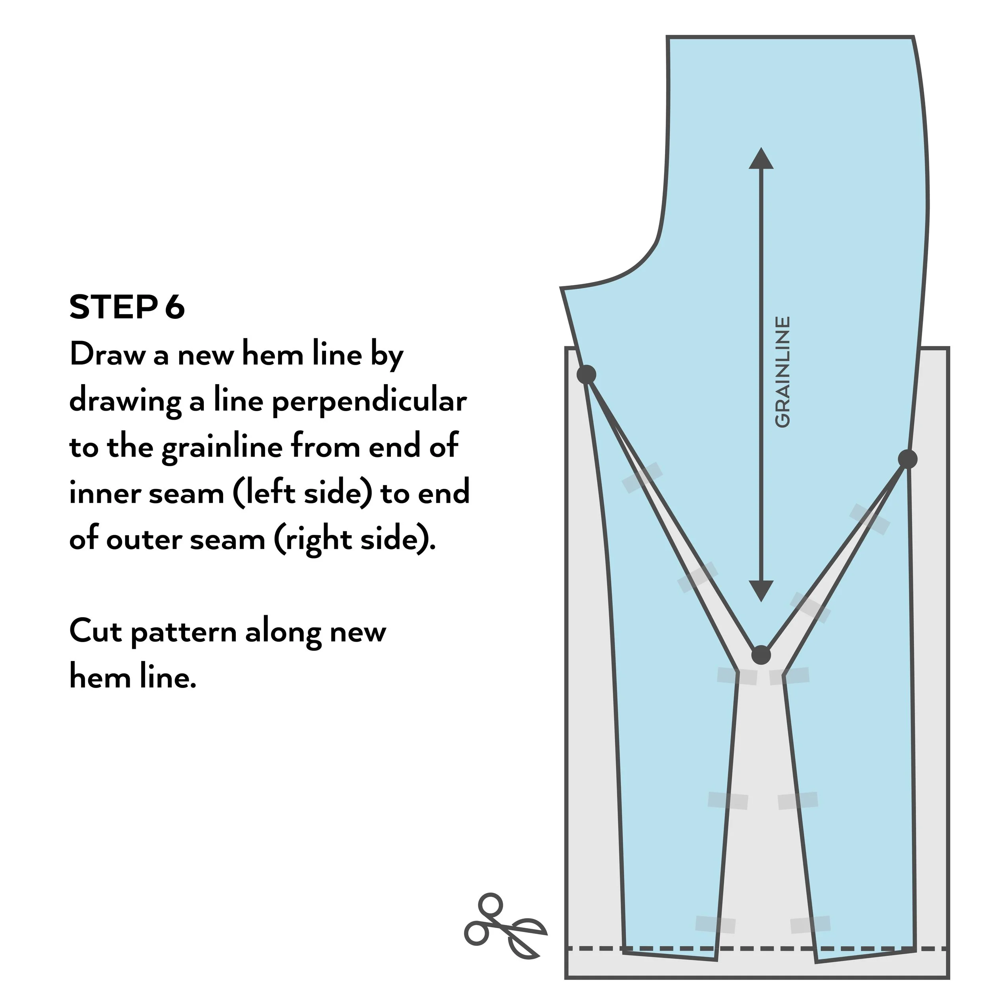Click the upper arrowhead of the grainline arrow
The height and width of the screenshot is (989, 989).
(761, 159)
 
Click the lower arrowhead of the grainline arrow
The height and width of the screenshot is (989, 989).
(761, 590)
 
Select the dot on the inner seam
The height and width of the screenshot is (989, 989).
(587, 374)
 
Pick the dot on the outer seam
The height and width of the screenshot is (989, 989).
(908, 459)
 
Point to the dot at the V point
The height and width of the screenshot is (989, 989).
(761, 655)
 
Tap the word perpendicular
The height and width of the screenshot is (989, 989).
(369, 401)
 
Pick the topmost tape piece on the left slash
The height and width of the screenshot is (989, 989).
(642, 477)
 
